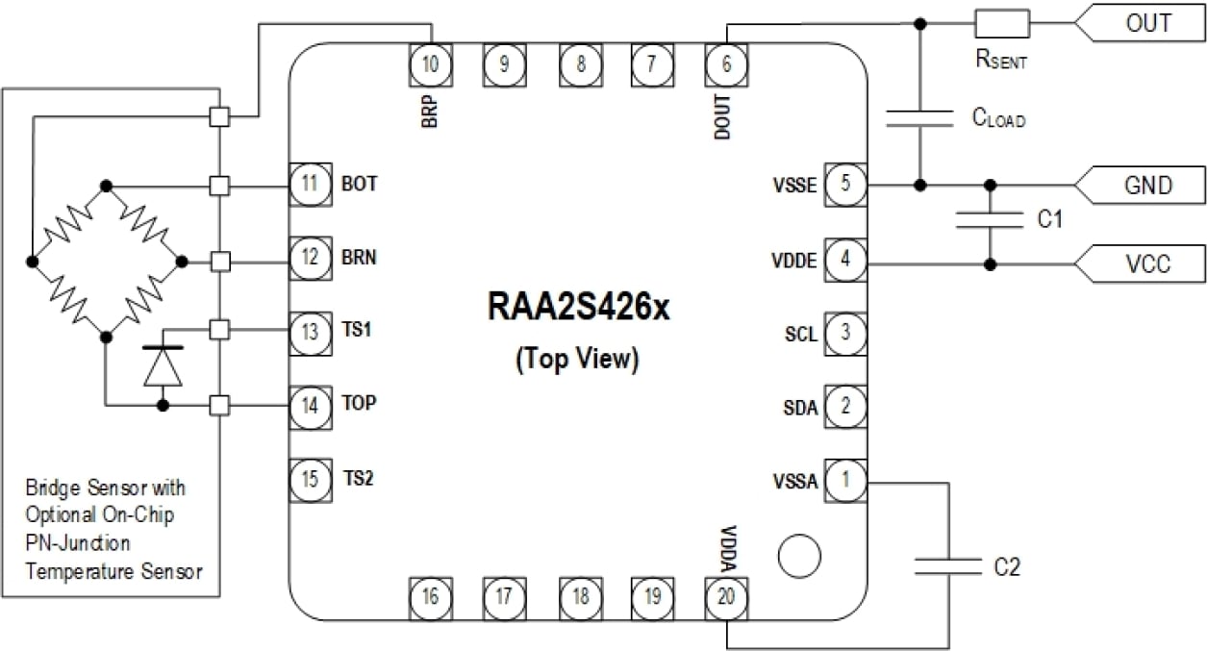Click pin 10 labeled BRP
coord(430,64)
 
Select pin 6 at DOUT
coord(726,64)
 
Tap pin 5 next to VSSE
coord(845,185)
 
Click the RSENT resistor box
coord(1002,23)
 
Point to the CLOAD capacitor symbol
coord(920,118)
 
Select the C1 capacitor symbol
coord(990,220)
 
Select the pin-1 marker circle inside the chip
coord(798,557)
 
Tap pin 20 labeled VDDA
coord(726,597)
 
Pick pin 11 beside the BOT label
coord(310,184)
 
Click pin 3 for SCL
coord(845,334)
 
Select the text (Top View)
coord(577,359)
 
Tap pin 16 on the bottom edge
coord(430,597)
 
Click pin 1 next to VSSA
coord(845,480)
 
